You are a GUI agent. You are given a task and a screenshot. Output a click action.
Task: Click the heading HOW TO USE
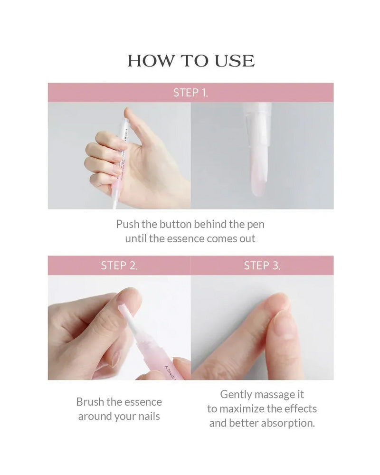pos(190,60)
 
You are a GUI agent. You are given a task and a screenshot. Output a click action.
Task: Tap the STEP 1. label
pos(190,93)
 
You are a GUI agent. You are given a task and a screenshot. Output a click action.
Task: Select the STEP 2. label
pos(119,266)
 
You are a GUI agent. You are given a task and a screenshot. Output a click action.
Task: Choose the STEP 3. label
pos(262,266)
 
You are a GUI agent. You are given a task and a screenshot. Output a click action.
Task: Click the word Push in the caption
pos(127,224)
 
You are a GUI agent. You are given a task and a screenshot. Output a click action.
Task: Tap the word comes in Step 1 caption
pos(222,238)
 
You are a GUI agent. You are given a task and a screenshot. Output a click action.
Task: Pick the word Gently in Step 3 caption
pos(236,394)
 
